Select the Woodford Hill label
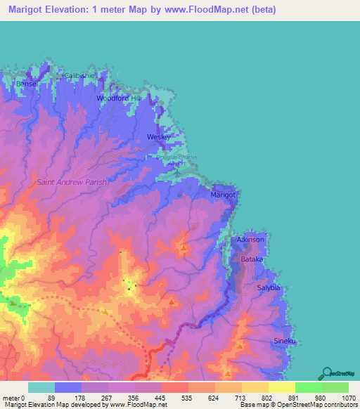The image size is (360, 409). tap(120, 98)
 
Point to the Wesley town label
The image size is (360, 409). tap(158, 136)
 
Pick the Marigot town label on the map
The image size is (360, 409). tap(224, 194)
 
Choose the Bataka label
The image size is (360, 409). tap(252, 259)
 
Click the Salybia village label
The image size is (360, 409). tap(269, 288)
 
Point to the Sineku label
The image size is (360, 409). tap(284, 342)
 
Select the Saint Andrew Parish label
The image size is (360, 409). tap(72, 182)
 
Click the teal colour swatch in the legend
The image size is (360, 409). tap(41, 387)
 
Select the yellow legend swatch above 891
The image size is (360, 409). tap(282, 387)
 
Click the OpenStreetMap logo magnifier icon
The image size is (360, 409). tap(327, 372)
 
